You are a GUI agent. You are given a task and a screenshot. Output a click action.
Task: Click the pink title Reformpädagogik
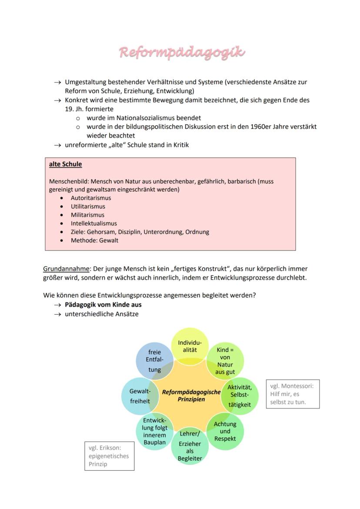(x=182, y=53)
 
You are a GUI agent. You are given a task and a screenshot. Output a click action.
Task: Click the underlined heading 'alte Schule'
(x=65, y=164)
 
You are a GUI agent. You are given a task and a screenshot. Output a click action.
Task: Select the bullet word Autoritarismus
(x=91, y=198)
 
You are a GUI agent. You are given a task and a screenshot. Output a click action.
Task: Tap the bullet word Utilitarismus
(x=88, y=206)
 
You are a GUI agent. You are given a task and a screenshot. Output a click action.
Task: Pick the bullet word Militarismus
(x=87, y=215)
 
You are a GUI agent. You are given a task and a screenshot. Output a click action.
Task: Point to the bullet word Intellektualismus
(x=93, y=223)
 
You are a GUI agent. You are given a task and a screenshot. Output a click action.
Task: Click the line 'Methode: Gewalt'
(x=94, y=240)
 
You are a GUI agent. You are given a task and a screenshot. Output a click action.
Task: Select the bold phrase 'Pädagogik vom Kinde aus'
(x=103, y=305)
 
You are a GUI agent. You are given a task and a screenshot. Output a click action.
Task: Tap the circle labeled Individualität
(x=190, y=346)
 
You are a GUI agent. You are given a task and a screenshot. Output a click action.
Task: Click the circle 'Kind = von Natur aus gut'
(x=225, y=361)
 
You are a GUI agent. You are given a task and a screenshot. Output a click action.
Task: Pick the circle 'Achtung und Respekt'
(x=225, y=431)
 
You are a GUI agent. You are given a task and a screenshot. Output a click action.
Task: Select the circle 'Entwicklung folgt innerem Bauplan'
(x=154, y=431)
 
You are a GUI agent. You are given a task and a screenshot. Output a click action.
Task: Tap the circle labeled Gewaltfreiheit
(x=140, y=396)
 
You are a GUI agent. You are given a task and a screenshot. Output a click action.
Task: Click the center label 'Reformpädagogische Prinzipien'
(x=191, y=396)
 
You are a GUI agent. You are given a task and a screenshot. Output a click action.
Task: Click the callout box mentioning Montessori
(x=293, y=394)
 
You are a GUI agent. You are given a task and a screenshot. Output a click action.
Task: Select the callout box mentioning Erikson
(x=109, y=456)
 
